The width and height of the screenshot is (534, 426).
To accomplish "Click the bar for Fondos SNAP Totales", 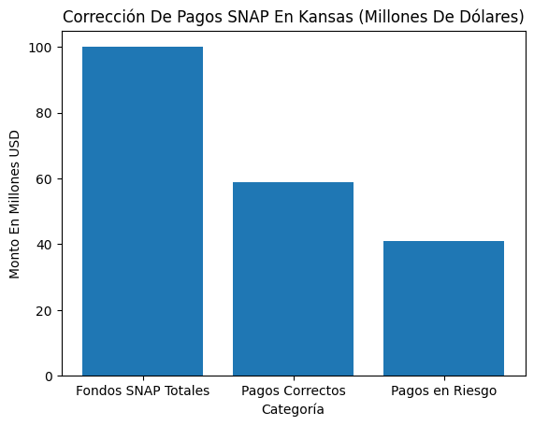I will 142,211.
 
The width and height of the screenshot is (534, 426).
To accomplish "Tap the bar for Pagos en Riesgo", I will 443,308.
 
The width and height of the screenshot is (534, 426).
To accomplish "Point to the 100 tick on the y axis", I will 44,48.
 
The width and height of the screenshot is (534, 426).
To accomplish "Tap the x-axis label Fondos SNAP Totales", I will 142,390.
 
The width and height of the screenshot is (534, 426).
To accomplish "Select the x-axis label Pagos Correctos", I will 293,390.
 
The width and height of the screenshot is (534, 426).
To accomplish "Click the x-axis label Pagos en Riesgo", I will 443,390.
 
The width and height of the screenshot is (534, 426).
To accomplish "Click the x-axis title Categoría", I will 293,409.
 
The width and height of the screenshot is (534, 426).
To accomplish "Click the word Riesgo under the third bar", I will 473,390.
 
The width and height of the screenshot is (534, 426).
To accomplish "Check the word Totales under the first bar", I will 184,390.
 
